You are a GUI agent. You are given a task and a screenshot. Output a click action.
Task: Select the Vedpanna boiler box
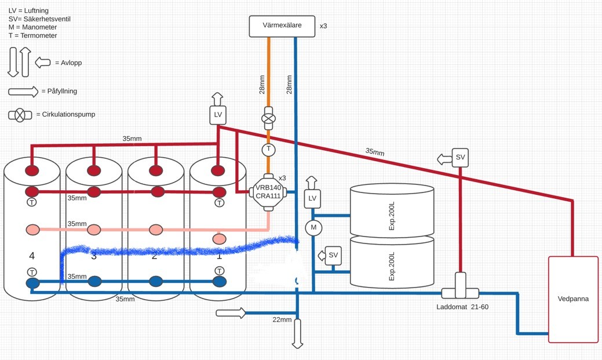point(573,299)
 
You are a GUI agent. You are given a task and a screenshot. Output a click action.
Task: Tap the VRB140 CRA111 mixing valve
point(268,191)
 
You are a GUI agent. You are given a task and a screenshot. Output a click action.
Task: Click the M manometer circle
point(313,228)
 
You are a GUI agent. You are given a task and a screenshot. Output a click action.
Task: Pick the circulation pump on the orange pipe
point(268,118)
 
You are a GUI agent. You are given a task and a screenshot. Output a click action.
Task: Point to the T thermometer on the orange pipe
point(268,150)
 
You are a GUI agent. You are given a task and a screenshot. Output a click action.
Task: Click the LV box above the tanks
point(218,115)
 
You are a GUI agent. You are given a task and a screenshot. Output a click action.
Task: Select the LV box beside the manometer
point(313,199)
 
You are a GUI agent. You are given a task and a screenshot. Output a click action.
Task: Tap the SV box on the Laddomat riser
point(460,158)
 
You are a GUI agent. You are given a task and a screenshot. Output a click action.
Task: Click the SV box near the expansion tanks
point(333,256)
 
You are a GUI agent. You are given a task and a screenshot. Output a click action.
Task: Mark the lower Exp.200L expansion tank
point(392,263)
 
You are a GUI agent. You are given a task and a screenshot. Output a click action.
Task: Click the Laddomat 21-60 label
point(462,307)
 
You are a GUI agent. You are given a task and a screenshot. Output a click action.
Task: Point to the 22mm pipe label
point(282,319)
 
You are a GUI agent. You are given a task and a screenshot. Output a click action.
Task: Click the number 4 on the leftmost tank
point(32,256)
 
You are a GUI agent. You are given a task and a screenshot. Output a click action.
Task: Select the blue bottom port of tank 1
point(219,282)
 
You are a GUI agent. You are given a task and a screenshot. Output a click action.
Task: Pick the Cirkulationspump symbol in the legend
point(20,115)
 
